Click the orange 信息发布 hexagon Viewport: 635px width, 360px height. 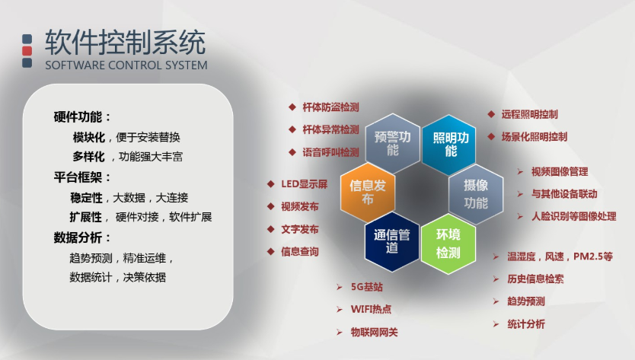click(367, 193)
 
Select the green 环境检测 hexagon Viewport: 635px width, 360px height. click(448, 244)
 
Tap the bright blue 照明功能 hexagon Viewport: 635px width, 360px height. click(448, 145)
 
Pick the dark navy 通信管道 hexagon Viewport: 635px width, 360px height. click(391, 241)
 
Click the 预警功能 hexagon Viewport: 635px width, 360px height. click(392, 143)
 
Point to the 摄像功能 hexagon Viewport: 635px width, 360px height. click(476, 194)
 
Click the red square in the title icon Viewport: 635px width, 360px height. click(27, 51)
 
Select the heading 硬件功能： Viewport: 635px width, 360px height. click(82, 117)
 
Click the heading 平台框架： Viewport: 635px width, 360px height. click(82, 177)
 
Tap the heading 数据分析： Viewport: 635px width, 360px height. click(82, 237)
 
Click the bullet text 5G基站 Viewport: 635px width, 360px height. click(366, 287)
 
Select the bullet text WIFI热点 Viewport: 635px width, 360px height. click(371, 309)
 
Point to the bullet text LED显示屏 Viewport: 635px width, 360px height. click(304, 184)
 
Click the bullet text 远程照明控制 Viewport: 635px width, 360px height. click(529, 115)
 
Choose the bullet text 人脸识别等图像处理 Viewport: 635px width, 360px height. click(574, 216)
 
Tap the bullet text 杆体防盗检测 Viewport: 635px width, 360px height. click(330, 107)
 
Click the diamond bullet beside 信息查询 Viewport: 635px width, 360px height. click(271, 251)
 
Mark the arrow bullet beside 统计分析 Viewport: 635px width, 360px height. click(496, 324)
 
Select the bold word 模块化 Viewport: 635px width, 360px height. click(88, 137)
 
